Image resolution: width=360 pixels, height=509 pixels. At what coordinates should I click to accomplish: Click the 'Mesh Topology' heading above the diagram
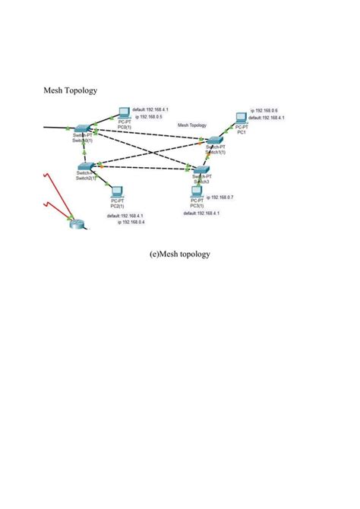click(71, 90)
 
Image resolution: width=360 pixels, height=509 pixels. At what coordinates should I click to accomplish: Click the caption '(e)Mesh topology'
click(179, 254)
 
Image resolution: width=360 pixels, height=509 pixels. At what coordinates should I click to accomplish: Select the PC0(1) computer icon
click(124, 116)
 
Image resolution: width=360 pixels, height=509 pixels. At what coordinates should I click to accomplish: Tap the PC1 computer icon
click(241, 117)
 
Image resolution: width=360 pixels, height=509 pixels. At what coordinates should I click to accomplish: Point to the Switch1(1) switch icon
click(215, 141)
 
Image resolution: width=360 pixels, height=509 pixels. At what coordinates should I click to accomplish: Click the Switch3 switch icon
click(201, 170)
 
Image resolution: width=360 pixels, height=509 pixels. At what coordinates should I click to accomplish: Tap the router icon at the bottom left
click(76, 222)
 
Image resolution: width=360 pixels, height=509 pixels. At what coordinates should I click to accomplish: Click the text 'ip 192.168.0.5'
click(149, 118)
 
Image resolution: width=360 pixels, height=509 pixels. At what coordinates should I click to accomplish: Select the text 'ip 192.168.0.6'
click(264, 110)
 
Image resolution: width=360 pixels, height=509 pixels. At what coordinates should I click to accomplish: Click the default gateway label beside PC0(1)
click(151, 109)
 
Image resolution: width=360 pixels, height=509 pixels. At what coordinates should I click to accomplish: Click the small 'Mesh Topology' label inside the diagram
click(192, 125)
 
